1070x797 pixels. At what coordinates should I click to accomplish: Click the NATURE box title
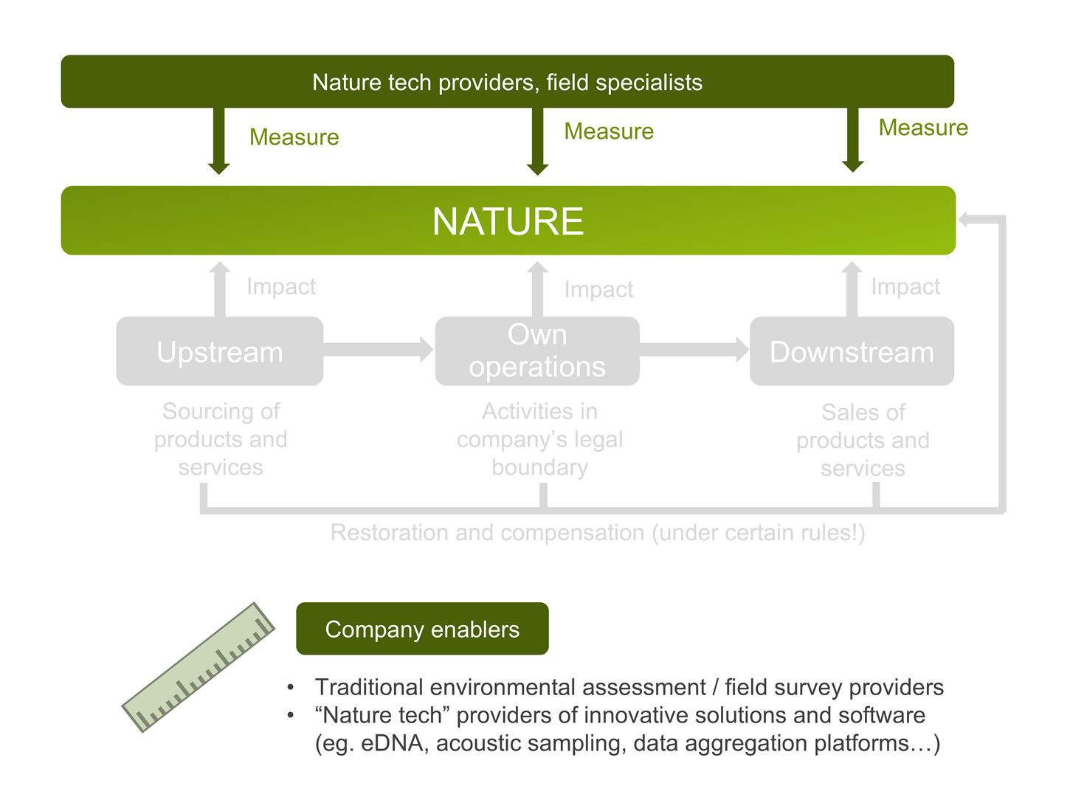pyautogui.click(x=508, y=221)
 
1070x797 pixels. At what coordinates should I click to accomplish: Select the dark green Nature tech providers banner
pyautogui.click(x=508, y=81)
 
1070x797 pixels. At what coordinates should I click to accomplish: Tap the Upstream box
pyautogui.click(x=219, y=351)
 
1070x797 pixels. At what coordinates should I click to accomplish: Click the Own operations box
pyautogui.click(x=537, y=351)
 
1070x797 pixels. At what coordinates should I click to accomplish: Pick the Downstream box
pyautogui.click(x=852, y=351)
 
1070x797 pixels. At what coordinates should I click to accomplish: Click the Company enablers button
pyautogui.click(x=422, y=628)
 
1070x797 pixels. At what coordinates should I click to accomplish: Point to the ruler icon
pyautogui.click(x=198, y=667)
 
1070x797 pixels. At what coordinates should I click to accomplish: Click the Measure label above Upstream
pyautogui.click(x=294, y=137)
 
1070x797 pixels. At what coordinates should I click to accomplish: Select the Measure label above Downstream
pyautogui.click(x=923, y=128)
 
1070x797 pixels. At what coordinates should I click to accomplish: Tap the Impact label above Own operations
pyautogui.click(x=598, y=289)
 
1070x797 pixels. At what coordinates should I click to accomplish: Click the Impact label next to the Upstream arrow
pyautogui.click(x=281, y=286)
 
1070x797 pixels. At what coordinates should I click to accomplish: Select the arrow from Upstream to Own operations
pyautogui.click(x=379, y=350)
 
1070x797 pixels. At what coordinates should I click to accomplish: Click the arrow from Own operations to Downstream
pyautogui.click(x=694, y=350)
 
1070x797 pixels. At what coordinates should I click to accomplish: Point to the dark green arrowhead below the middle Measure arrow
pyautogui.click(x=537, y=169)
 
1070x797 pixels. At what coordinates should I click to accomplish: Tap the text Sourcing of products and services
pyautogui.click(x=221, y=439)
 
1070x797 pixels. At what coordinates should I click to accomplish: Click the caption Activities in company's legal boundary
pyautogui.click(x=540, y=439)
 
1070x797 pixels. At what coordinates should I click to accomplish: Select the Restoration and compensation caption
pyautogui.click(x=598, y=533)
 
